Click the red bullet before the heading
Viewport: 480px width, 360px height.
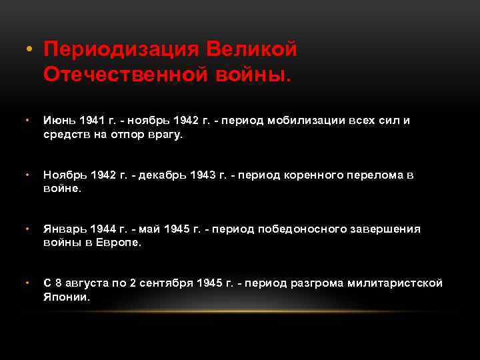click(28, 51)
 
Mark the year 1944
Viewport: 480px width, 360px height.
click(104, 229)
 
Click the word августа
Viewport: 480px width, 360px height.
click(88, 283)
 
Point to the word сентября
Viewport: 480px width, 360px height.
click(167, 283)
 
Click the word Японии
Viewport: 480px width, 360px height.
click(66, 297)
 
